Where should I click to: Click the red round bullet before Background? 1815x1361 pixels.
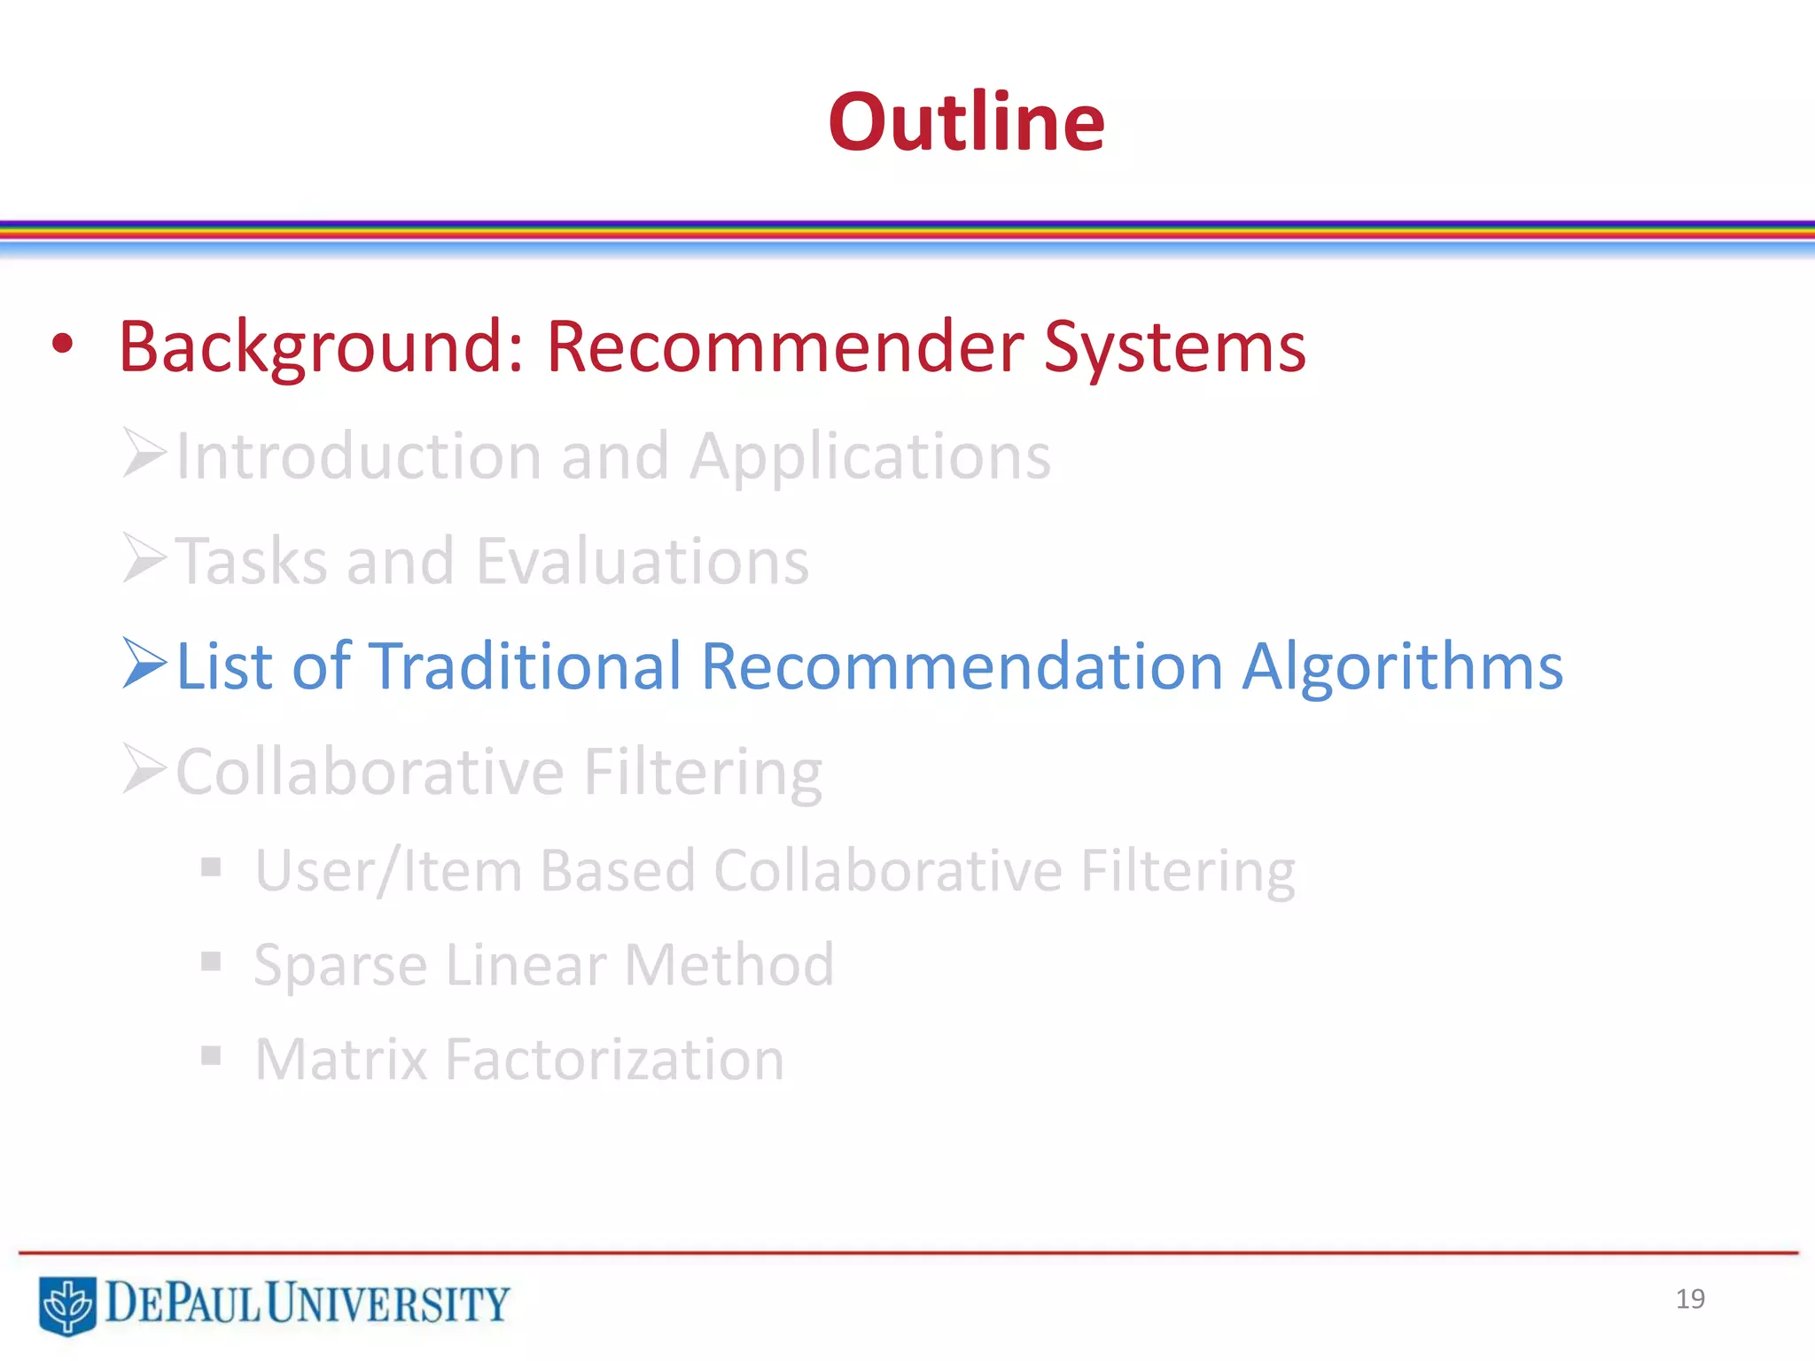click(62, 345)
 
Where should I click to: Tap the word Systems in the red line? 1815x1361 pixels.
click(1174, 346)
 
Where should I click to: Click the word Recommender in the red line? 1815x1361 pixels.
click(784, 346)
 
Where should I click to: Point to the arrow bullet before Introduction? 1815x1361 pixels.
click(144, 453)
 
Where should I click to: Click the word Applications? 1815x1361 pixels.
click(870, 457)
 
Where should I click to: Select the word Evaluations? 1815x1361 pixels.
click(643, 562)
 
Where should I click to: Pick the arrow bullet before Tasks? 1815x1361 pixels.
click(144, 558)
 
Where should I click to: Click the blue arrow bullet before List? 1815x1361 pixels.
click(144, 663)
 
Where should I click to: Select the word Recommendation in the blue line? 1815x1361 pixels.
click(962, 666)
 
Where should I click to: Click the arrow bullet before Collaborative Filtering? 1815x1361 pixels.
click(144, 768)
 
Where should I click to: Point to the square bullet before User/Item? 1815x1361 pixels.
click(211, 867)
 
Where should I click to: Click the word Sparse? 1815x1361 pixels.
click(340, 965)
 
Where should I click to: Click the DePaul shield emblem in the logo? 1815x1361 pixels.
click(67, 1304)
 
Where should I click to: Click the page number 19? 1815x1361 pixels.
click(1690, 1299)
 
